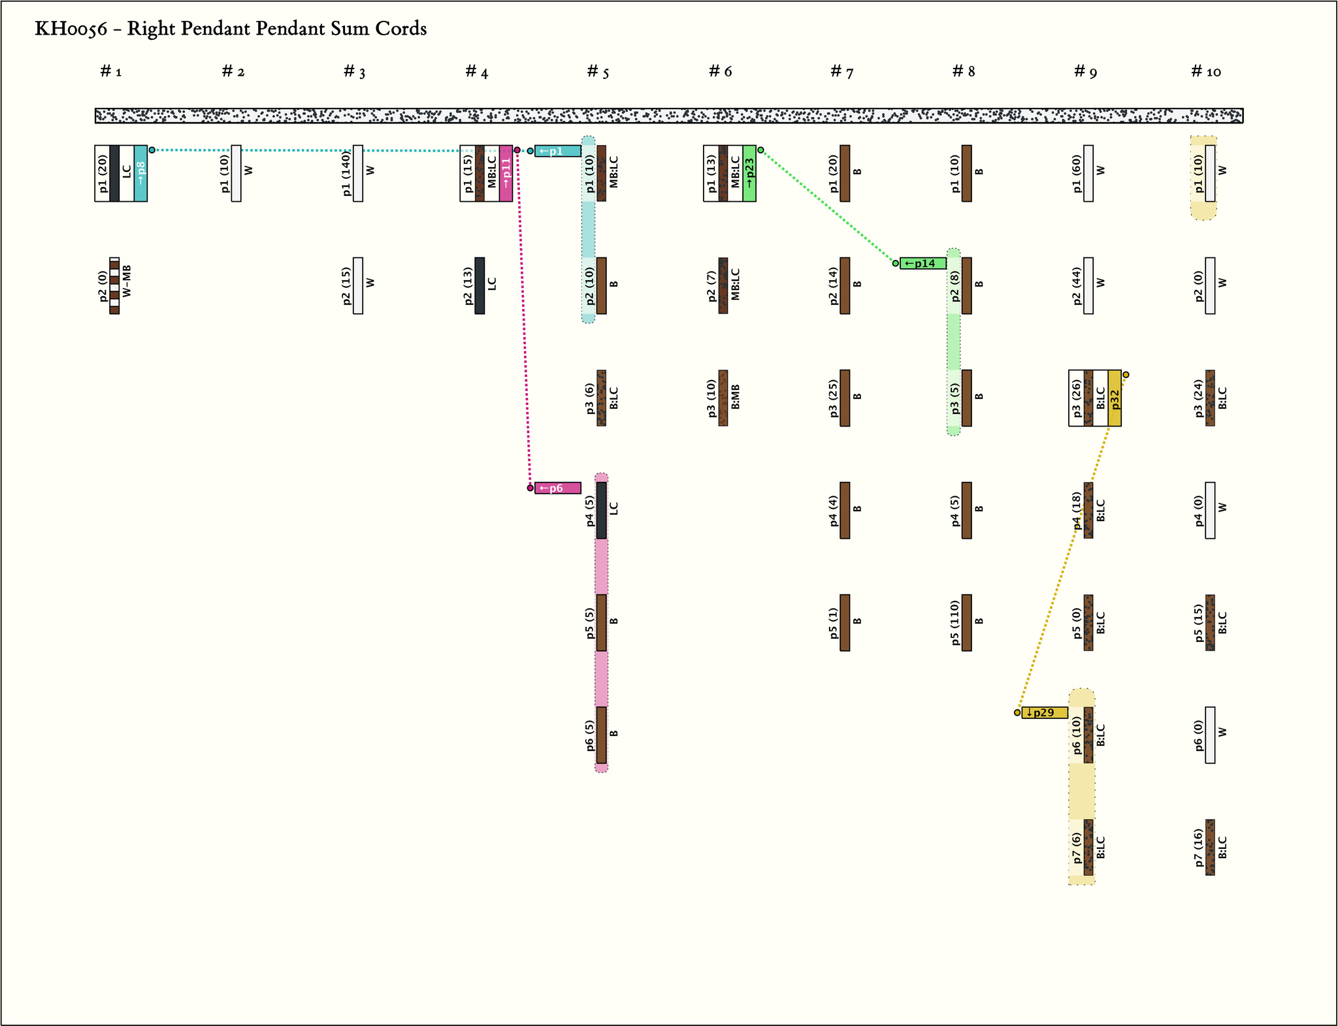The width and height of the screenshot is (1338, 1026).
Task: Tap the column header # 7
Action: (841, 72)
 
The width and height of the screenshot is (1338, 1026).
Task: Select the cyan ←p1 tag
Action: (557, 151)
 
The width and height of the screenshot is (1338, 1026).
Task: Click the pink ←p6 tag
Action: (557, 488)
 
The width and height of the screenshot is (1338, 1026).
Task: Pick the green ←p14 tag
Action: (922, 263)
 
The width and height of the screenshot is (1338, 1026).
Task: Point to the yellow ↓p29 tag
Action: (1044, 713)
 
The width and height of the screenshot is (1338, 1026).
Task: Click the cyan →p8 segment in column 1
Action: (140, 173)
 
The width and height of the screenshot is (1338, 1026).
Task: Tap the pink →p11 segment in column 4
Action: (506, 173)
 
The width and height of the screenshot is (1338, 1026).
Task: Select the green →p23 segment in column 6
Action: (749, 173)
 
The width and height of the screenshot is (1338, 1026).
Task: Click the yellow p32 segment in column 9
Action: (1115, 398)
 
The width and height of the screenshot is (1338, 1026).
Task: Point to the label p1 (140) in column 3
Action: (347, 173)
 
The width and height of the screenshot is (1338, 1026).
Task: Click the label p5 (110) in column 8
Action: (955, 622)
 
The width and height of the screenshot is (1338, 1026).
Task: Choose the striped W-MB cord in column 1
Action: (114, 285)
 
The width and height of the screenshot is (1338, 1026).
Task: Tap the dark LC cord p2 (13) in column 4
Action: (480, 285)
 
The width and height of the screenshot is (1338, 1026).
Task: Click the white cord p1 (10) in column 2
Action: (236, 173)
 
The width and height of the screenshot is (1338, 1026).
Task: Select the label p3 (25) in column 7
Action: (833, 398)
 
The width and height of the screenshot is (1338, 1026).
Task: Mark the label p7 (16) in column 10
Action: (1198, 847)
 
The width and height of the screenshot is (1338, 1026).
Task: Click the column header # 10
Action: (1206, 72)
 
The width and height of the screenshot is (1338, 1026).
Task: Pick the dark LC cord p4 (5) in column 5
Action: (601, 510)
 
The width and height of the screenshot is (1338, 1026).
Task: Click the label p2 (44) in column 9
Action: (1077, 285)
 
